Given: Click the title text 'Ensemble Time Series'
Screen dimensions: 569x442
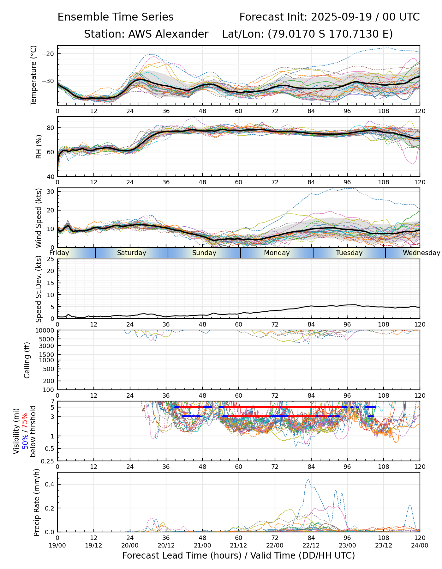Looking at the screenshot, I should point(116,17).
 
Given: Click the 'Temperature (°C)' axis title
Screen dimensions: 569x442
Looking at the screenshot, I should point(34,75).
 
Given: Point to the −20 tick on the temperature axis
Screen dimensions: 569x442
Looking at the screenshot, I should point(48,54).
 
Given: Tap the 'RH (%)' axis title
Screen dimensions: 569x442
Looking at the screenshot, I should point(39,146).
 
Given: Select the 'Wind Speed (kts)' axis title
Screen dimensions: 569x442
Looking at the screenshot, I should point(39,218).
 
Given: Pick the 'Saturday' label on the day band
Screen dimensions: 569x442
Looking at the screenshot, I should point(132,253).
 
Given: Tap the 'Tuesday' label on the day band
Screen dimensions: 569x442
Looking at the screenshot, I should point(349,253).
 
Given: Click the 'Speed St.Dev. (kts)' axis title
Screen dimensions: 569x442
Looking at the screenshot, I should point(39,289).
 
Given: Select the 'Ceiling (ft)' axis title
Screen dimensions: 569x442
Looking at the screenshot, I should point(27,360).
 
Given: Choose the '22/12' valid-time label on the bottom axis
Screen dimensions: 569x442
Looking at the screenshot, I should point(311,545).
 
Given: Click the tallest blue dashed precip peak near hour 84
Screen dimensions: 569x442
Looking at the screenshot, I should point(308,480).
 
